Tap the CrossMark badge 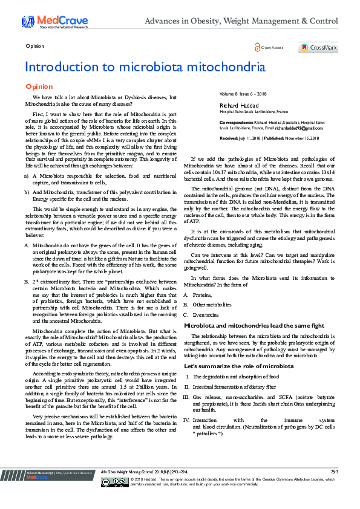[x=318, y=48]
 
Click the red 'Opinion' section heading [x=38, y=87]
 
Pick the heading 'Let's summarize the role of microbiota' [x=230, y=366]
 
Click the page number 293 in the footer [x=334, y=487]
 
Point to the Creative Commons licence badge [x=115, y=499]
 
